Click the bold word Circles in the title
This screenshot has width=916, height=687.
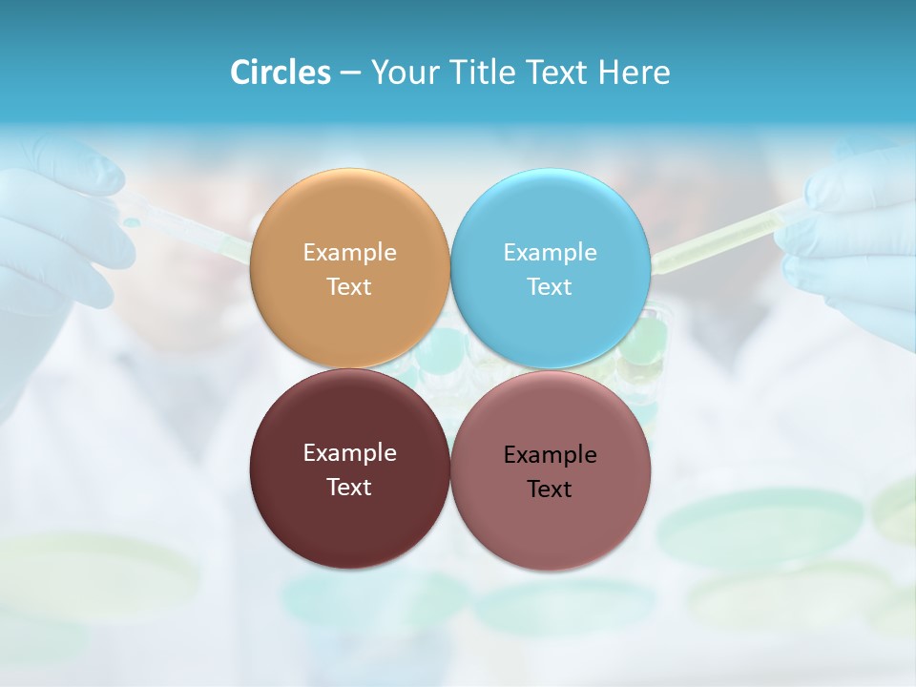pyautogui.click(x=281, y=73)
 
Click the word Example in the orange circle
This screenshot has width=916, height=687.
pyautogui.click(x=349, y=253)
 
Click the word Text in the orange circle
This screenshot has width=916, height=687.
pyautogui.click(x=349, y=287)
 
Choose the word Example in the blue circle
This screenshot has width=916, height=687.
pyautogui.click(x=550, y=253)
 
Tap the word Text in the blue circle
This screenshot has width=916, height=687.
pyautogui.click(x=550, y=287)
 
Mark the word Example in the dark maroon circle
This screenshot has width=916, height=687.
pyautogui.click(x=349, y=453)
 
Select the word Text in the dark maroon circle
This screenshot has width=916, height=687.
pyautogui.click(x=349, y=488)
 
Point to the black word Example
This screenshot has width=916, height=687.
pyautogui.click(x=550, y=455)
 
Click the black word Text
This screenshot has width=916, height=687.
pyautogui.click(x=550, y=489)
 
